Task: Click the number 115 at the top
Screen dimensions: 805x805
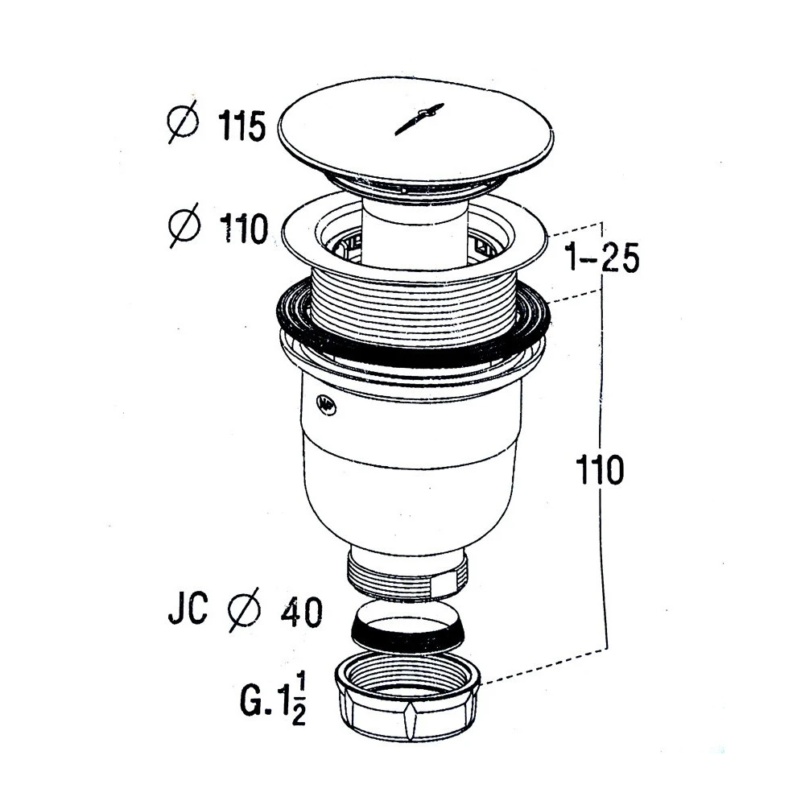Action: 242,126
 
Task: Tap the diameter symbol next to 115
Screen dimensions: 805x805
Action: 183,122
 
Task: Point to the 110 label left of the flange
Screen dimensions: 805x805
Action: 244,229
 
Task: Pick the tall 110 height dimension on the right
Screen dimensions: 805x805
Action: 600,470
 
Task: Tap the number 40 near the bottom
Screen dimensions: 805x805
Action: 301,612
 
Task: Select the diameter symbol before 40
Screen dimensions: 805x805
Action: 245,610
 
